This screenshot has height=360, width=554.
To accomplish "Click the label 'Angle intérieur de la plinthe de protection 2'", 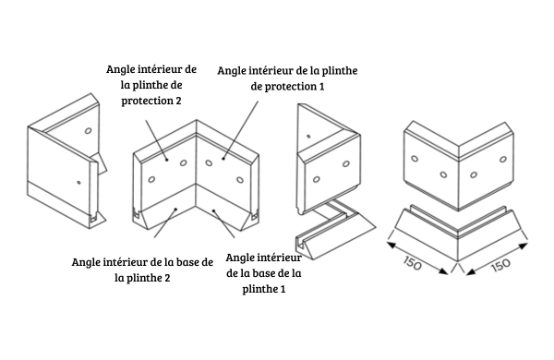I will [152, 87].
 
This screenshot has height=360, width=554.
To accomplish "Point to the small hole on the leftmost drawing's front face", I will [78, 182].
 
